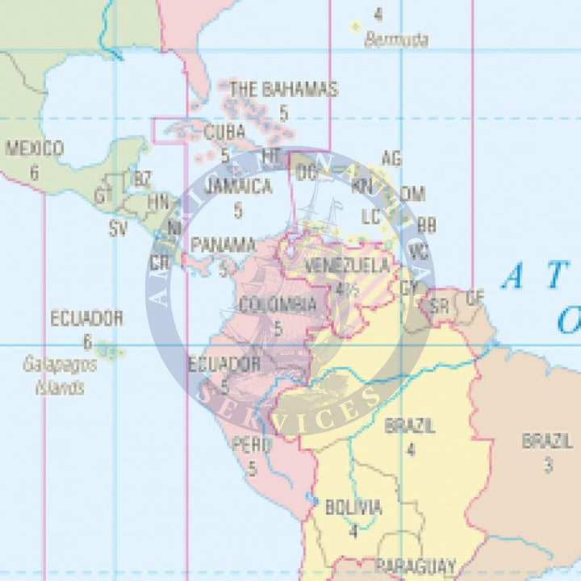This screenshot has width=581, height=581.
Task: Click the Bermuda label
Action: click(395, 40)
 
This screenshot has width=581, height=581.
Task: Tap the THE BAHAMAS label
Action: click(283, 89)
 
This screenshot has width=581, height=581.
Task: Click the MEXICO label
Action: click(34, 148)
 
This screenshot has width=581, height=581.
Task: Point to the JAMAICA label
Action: click(237, 186)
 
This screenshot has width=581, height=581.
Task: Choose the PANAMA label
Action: click(223, 244)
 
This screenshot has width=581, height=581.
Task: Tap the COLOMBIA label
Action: click(278, 305)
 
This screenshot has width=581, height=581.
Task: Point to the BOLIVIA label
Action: click(353, 508)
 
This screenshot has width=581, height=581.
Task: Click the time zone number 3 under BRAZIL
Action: click(548, 465)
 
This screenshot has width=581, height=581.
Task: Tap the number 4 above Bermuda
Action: click(378, 14)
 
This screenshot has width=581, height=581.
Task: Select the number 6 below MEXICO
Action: click(34, 172)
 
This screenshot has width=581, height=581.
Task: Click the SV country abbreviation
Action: click(119, 228)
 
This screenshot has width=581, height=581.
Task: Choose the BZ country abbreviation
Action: click(143, 178)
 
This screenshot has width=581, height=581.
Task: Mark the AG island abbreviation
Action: click(391, 157)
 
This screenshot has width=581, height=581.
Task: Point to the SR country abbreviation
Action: click(439, 307)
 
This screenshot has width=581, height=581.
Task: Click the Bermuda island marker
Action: click(354, 27)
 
